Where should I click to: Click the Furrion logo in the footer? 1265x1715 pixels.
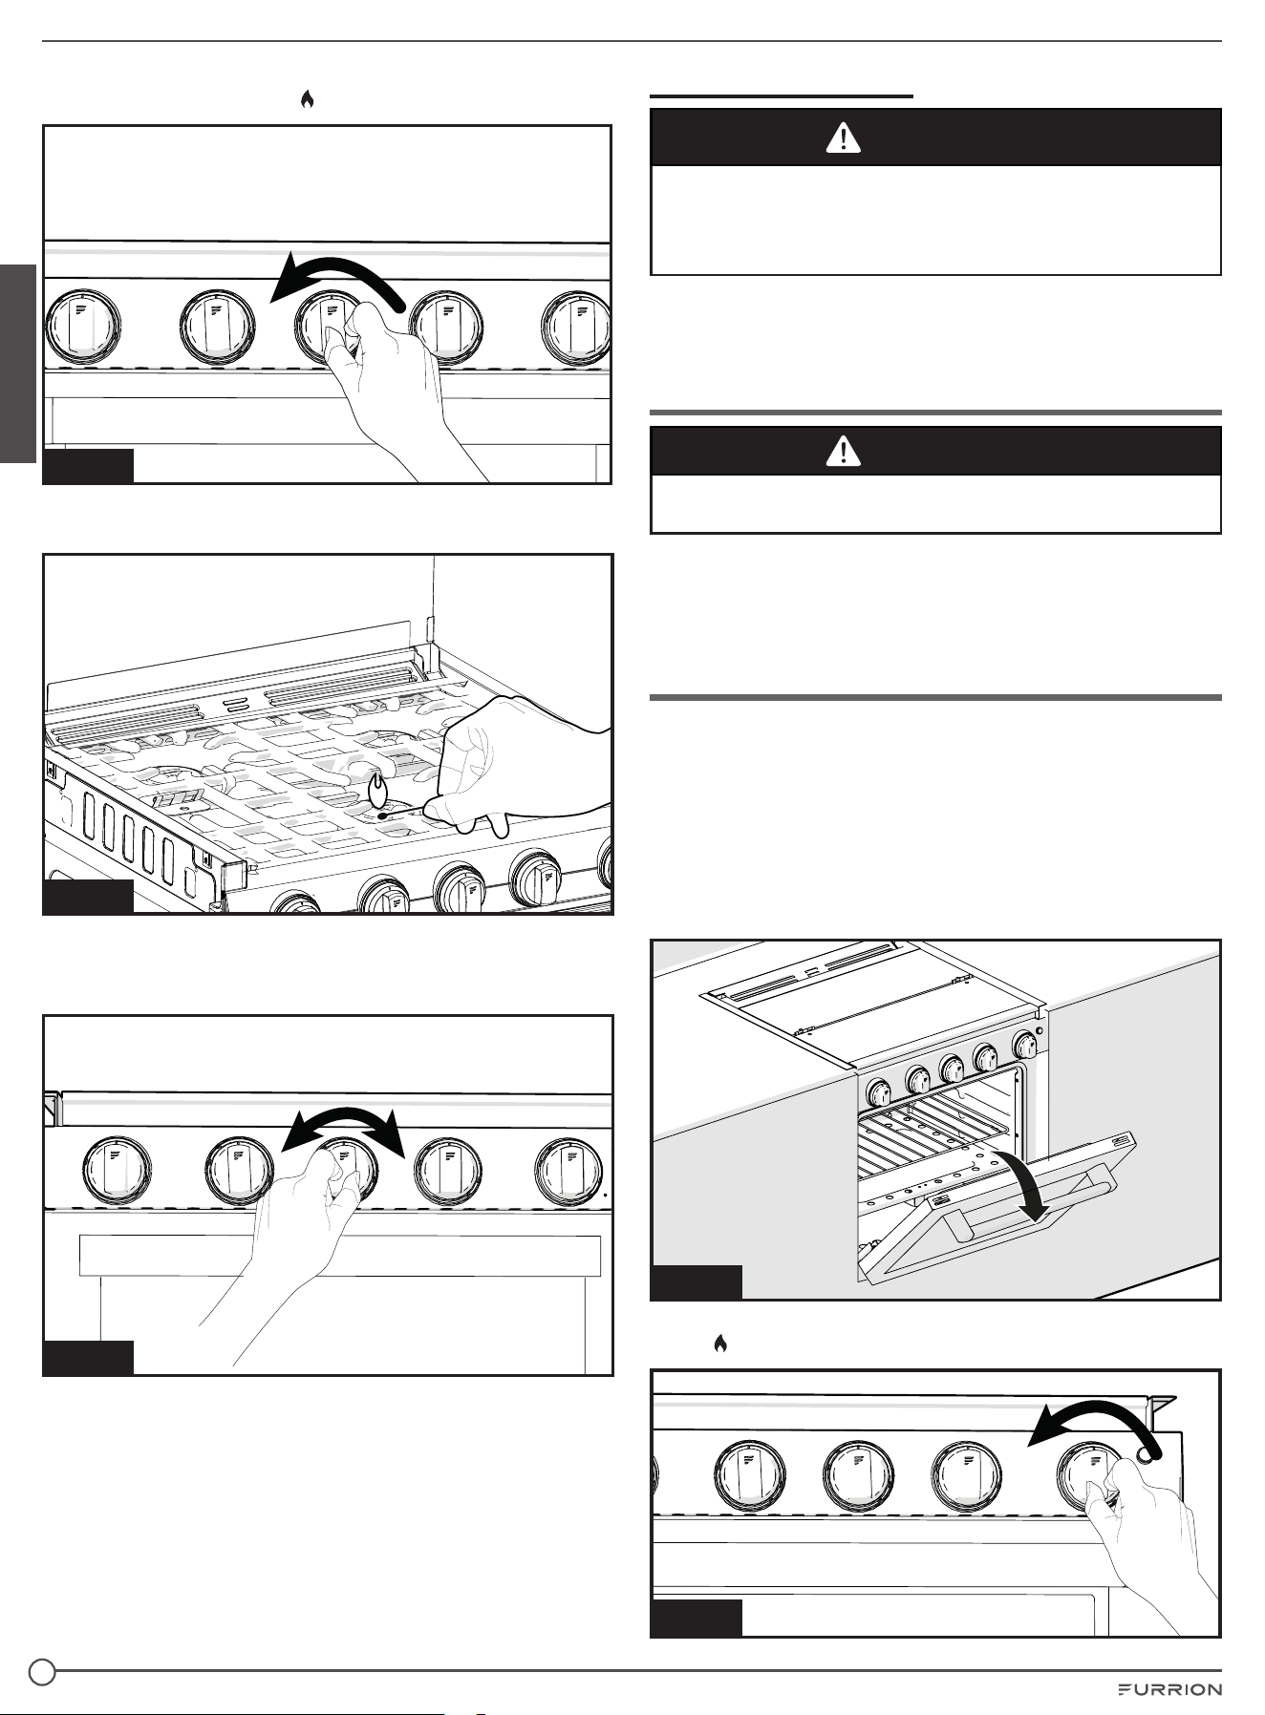point(1169,1689)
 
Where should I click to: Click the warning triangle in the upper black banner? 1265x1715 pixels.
point(844,138)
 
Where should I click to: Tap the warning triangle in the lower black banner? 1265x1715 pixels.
point(844,452)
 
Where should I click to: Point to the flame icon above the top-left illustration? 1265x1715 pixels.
point(307,99)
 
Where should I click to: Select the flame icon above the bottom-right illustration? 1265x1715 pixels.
point(720,1344)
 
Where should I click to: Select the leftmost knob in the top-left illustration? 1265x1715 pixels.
point(84,326)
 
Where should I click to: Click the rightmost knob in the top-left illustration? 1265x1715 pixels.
point(576,326)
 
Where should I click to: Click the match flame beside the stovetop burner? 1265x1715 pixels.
point(378,788)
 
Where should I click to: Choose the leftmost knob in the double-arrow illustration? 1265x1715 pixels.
point(117,1173)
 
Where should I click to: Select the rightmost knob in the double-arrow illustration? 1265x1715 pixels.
point(569,1173)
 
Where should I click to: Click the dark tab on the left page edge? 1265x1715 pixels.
point(17,363)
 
